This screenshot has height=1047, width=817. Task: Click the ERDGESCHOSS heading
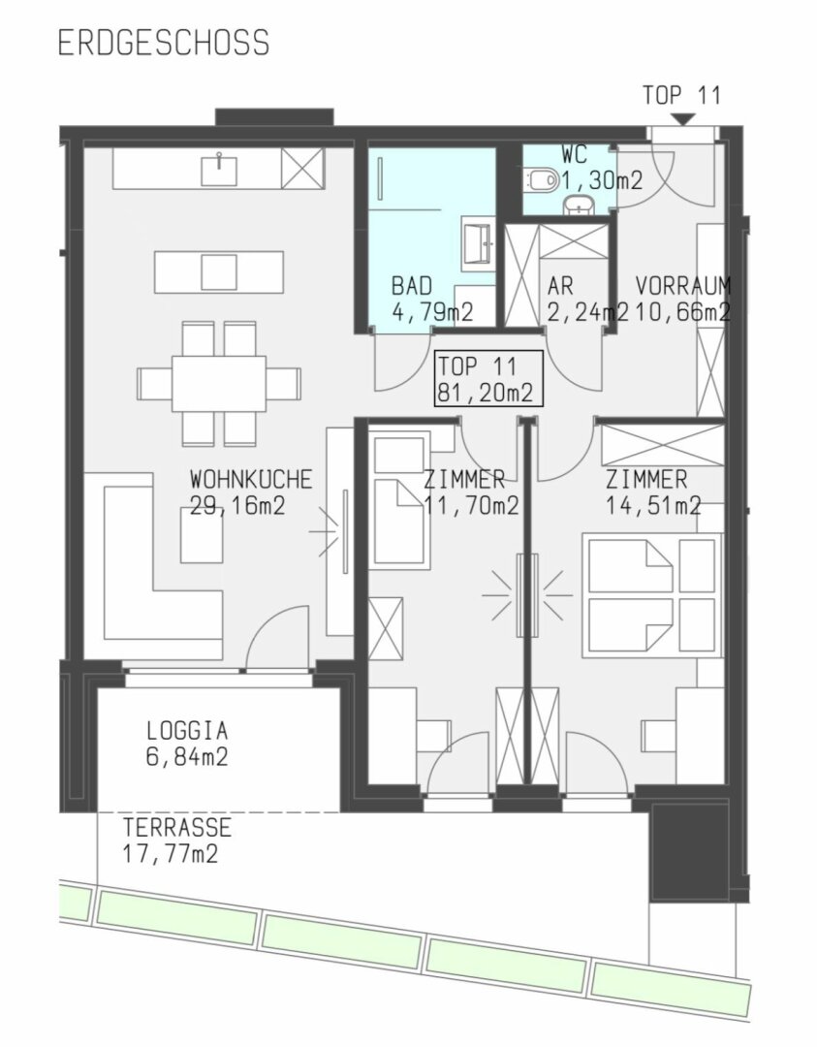point(164,42)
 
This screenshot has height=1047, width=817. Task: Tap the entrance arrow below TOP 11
point(683,119)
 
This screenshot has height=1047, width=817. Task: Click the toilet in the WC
point(543,179)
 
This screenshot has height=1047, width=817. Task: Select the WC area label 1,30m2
point(602,179)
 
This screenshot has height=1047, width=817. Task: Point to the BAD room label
point(412,286)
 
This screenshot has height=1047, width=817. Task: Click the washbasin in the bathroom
point(478,243)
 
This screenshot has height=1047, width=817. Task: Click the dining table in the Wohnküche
point(220,383)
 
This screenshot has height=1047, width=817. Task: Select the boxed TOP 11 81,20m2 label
point(488,379)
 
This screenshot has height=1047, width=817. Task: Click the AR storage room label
point(560,286)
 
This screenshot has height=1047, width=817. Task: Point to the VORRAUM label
point(683,286)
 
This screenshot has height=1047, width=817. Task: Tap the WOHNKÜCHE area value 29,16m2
point(237,505)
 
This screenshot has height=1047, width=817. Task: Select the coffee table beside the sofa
point(202,535)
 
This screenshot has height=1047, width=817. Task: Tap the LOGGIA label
point(187,730)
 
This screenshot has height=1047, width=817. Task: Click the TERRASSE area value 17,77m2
point(171,854)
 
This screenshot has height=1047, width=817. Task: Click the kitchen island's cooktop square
point(219,271)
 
